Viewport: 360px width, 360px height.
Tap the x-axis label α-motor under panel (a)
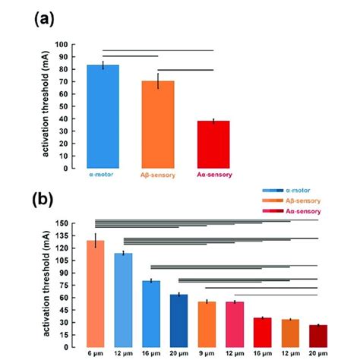[103, 175]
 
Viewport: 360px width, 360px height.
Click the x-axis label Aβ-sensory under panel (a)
[157, 175]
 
